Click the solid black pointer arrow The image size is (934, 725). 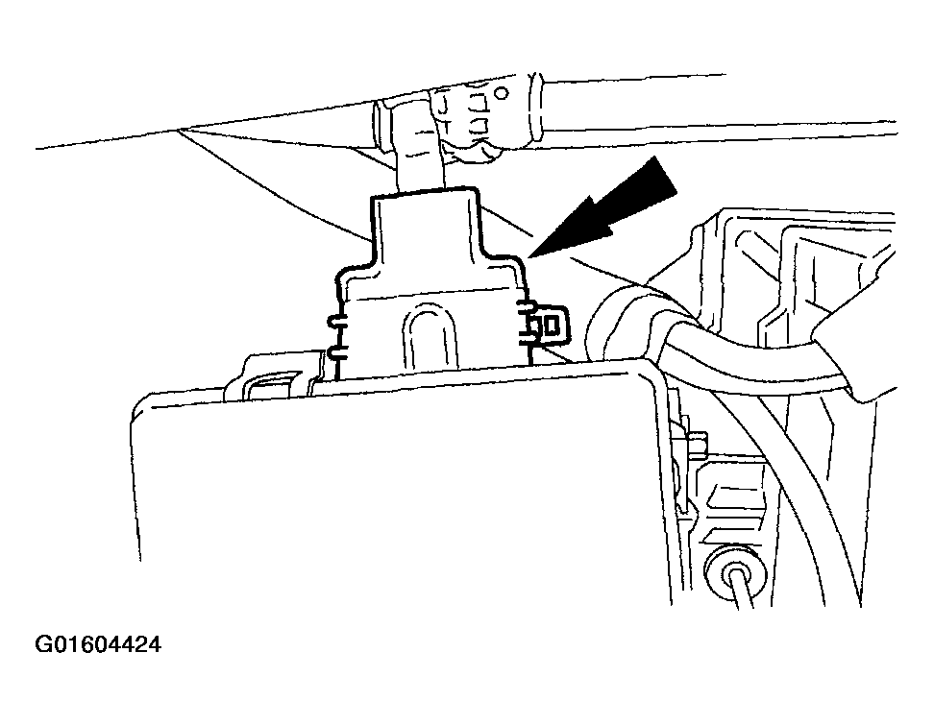pyautogui.click(x=602, y=209)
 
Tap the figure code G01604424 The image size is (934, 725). pyautogui.click(x=98, y=644)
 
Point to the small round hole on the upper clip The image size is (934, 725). pyautogui.click(x=503, y=93)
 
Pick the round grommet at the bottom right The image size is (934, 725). pyautogui.click(x=732, y=575)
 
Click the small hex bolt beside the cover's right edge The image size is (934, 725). pyautogui.click(x=697, y=444)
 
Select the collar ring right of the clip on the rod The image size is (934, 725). pyautogui.click(x=535, y=110)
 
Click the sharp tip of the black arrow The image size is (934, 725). pyautogui.click(x=528, y=257)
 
